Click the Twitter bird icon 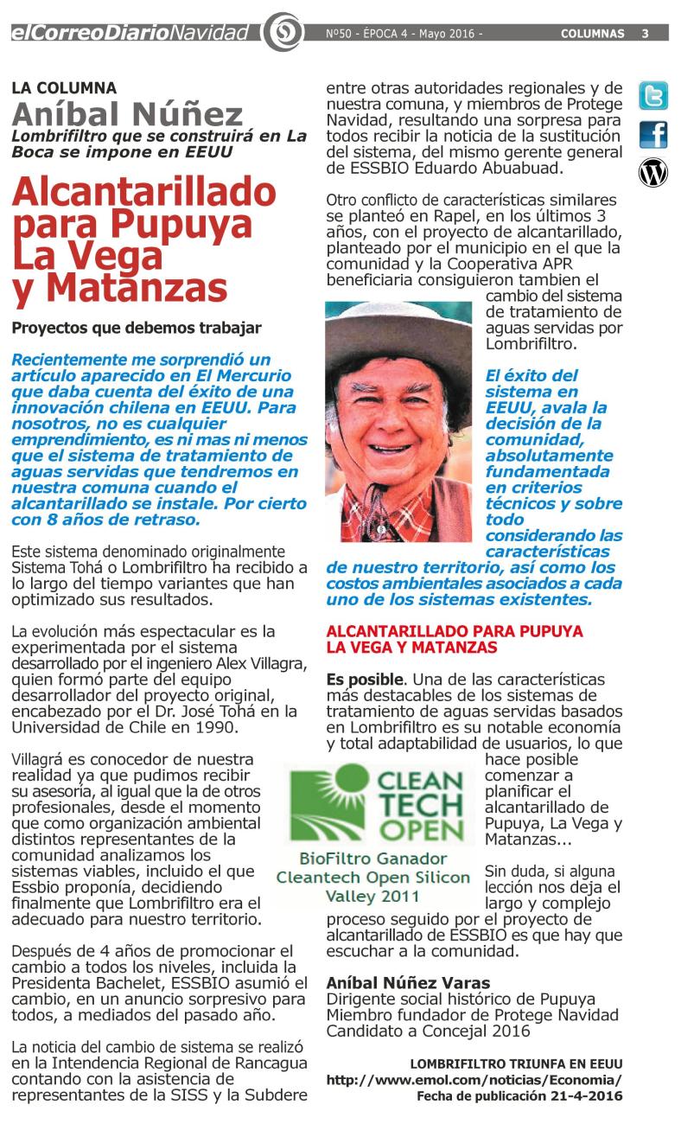[652, 96]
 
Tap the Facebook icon [652, 135]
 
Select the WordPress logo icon [652, 173]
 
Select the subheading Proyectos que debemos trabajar [136, 329]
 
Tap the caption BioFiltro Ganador [372, 859]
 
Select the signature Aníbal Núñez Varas [408, 983]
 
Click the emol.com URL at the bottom [474, 1080]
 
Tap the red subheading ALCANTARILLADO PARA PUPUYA [455, 630]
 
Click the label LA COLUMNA [64, 87]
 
